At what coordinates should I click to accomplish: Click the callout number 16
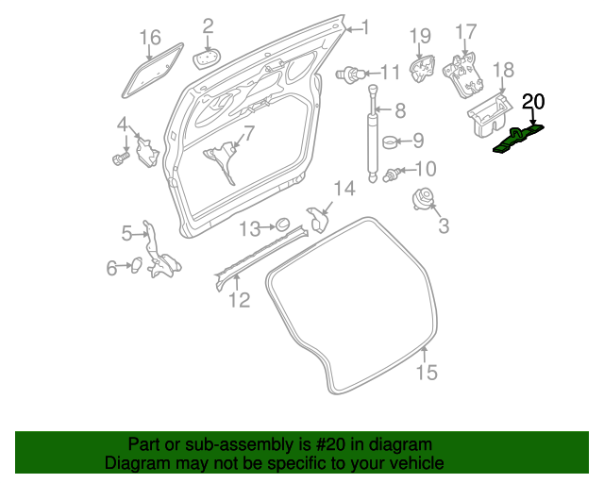click(x=151, y=38)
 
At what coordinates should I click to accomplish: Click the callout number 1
click(x=366, y=27)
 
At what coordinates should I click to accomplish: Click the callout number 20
click(x=533, y=102)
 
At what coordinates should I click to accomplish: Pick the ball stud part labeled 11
click(x=352, y=73)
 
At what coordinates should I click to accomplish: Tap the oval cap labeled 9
click(x=389, y=142)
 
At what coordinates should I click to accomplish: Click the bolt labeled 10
click(x=395, y=172)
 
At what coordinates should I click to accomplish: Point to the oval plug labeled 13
click(x=279, y=225)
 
